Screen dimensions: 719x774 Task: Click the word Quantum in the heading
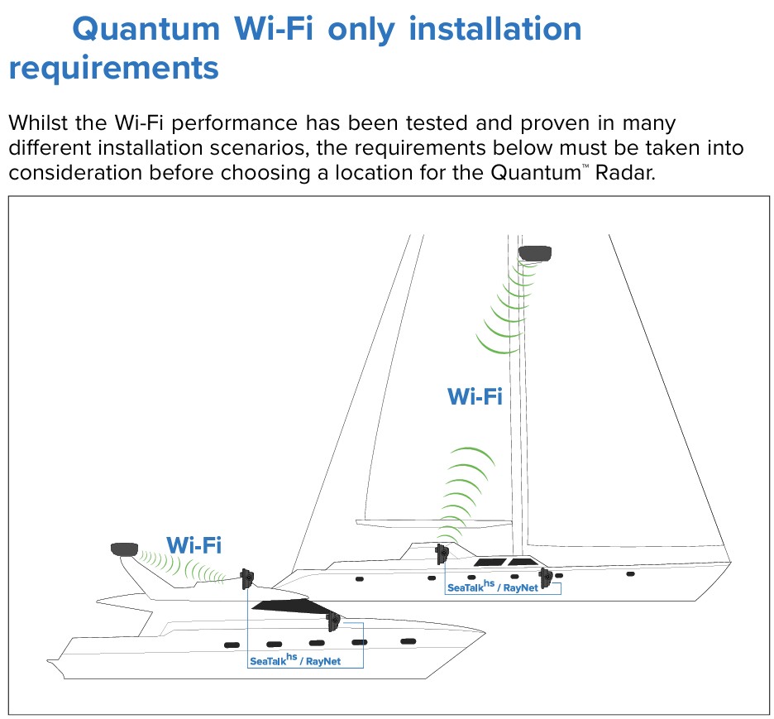(146, 30)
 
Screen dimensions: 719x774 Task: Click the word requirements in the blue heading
(113, 68)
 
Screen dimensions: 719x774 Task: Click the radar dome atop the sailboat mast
(535, 253)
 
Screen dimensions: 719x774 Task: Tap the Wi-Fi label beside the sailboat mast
(475, 396)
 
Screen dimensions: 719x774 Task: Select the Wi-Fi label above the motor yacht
(193, 545)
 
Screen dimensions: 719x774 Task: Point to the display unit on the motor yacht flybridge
(246, 578)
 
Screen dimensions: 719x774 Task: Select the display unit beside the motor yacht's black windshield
(333, 621)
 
